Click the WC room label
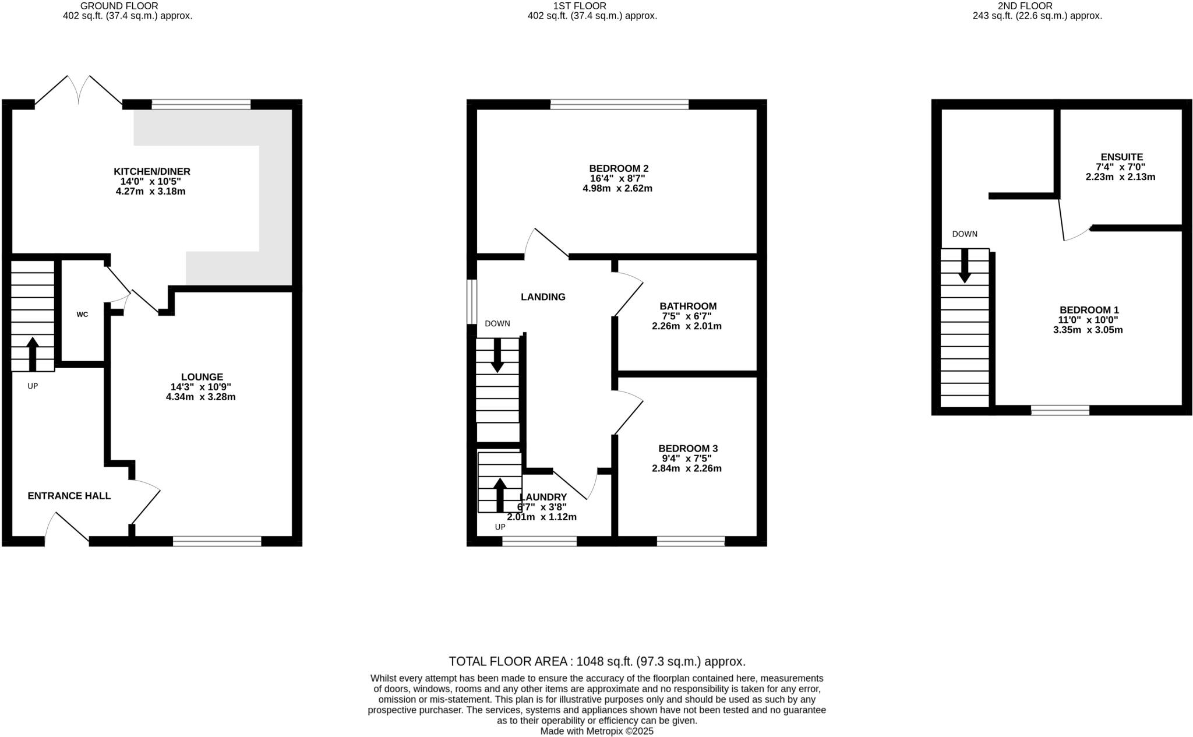click(x=82, y=315)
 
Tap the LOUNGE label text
click(x=202, y=377)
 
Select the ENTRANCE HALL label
click(x=69, y=496)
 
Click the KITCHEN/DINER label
click(x=151, y=171)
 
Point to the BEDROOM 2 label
click(x=617, y=168)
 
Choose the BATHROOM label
click(x=688, y=306)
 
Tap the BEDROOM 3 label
click(x=688, y=448)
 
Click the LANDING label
click(x=543, y=297)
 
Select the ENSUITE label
click(x=1121, y=157)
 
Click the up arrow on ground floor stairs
click(x=33, y=353)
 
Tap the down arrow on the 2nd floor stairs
click(x=965, y=266)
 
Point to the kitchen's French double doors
click(x=79, y=92)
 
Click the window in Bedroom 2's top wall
click(x=619, y=105)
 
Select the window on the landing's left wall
click(x=472, y=301)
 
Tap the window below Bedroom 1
click(x=1060, y=410)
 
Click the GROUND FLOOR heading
click(x=127, y=6)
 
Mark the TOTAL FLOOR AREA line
click(x=596, y=661)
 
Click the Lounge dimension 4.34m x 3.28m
click(x=200, y=397)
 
